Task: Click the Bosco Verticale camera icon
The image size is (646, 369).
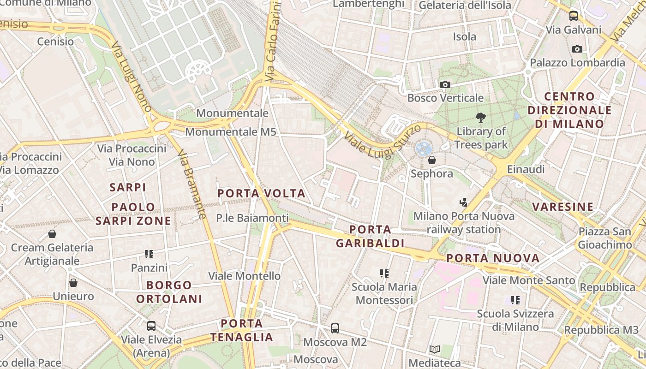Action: click(445, 84)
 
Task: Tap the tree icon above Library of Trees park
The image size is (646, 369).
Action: click(480, 118)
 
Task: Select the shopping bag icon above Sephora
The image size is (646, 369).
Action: click(432, 160)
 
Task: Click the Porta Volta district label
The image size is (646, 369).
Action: click(261, 193)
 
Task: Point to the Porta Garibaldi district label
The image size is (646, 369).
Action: click(370, 236)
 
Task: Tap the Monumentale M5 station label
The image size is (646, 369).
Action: click(231, 132)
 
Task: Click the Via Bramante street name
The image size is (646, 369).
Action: click(191, 184)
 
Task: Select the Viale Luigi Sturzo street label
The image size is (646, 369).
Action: click(383, 141)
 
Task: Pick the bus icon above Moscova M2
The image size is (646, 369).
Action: click(335, 328)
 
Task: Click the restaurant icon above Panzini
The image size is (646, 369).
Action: click(149, 254)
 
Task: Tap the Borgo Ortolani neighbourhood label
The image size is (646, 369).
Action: click(169, 292)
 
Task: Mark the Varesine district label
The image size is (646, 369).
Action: click(563, 207)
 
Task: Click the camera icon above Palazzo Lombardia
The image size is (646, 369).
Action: click(577, 49)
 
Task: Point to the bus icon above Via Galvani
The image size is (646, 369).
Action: click(574, 16)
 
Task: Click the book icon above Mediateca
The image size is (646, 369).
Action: click(435, 349)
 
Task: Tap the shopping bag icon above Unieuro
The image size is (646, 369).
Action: click(73, 282)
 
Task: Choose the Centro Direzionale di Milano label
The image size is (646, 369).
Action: click(569, 110)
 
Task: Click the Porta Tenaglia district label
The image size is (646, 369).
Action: click(242, 330)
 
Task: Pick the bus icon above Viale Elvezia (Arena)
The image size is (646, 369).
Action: click(151, 326)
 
